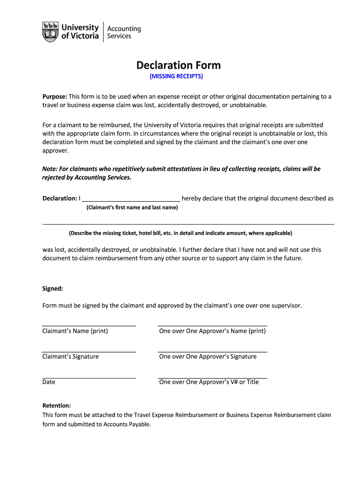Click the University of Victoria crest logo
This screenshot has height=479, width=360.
tap(50, 32)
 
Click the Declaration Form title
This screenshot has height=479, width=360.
tap(178, 65)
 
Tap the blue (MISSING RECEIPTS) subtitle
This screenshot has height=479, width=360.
tap(176, 76)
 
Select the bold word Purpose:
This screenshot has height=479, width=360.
tap(55, 97)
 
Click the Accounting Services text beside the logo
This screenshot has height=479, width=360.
tap(124, 32)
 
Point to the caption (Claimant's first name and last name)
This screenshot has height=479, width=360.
tap(132, 208)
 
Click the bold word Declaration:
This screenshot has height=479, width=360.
tap(59, 198)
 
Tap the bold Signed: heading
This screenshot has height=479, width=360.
tap(52, 289)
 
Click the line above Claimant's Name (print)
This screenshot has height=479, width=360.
tap(89, 326)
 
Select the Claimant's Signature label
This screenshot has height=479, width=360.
tap(71, 356)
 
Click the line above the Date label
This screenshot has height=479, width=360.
tap(89, 377)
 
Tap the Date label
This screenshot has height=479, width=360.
tap(49, 382)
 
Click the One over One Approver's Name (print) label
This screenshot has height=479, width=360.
tap(212, 331)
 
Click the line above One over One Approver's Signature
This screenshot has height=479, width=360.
tap(212, 351)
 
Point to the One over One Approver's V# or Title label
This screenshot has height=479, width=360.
tap(209, 382)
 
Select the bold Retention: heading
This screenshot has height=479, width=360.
tap(57, 406)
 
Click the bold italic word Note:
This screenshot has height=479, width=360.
tap(50, 169)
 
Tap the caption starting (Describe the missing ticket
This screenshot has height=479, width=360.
tap(180, 233)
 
